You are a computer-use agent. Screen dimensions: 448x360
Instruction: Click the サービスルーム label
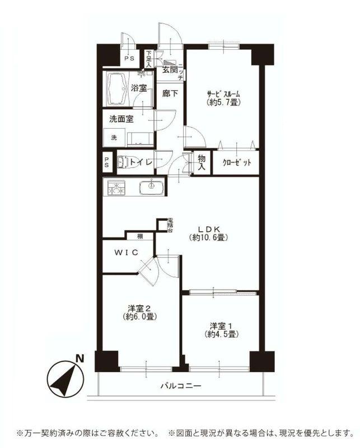[x=223, y=94]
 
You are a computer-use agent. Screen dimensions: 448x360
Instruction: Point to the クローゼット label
[x=236, y=162]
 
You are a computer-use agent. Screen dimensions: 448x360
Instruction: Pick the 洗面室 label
[x=121, y=119]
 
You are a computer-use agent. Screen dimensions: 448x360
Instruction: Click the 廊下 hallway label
[x=170, y=94]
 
